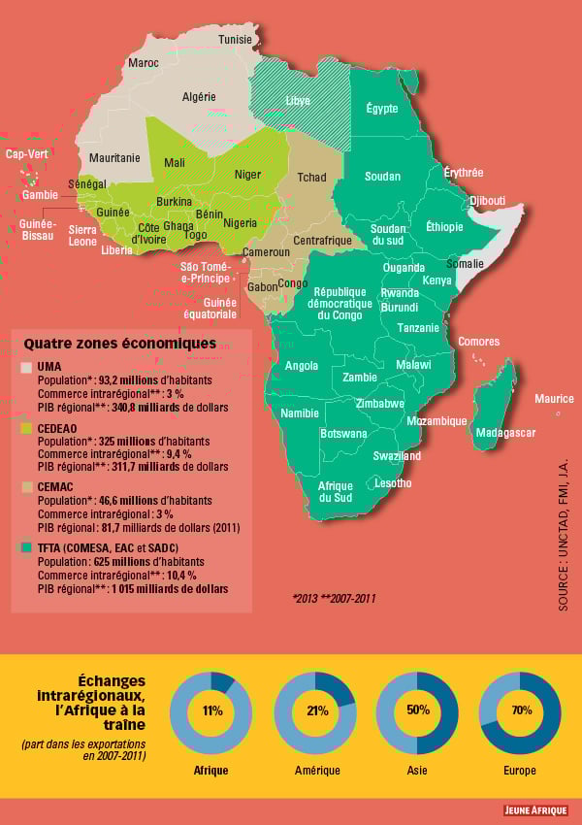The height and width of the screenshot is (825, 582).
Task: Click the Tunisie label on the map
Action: (235, 40)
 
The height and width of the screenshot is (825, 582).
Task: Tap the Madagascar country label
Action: (505, 432)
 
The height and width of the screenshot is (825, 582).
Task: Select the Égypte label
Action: (382, 109)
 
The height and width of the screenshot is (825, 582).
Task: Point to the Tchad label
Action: (311, 178)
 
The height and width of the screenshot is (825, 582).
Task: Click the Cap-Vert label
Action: (27, 154)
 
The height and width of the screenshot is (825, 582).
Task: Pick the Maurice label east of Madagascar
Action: (554, 399)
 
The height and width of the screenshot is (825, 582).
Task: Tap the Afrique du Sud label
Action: (336, 492)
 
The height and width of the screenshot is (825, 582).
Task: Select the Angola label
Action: (302, 366)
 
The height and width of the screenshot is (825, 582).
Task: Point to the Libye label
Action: (298, 101)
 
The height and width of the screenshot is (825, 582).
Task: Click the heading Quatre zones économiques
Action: (119, 344)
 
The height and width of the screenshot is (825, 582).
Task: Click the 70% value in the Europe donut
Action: (521, 710)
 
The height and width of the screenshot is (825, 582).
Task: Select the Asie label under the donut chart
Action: (417, 771)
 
